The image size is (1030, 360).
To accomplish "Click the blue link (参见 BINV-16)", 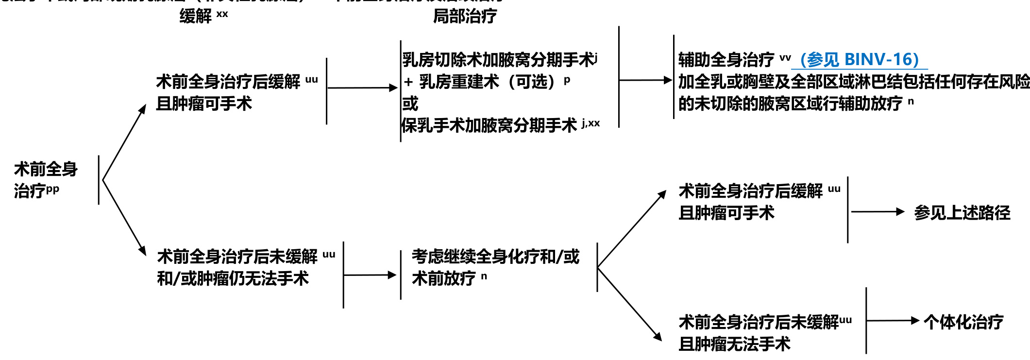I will (859, 60).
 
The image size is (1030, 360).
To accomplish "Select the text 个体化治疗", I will (963, 322).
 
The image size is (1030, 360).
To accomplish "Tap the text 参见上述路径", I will (962, 213).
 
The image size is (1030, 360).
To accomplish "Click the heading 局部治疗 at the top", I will (465, 16).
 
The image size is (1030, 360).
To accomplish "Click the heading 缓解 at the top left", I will (196, 16).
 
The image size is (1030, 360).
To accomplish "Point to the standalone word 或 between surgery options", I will (410, 103).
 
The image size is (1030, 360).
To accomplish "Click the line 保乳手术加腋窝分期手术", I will (489, 125).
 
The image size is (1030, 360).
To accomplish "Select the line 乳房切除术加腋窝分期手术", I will (498, 60).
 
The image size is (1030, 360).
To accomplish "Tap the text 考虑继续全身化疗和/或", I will (495, 257).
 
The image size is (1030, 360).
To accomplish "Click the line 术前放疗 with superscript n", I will (444, 278).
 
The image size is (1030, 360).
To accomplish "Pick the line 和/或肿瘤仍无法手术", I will (233, 278).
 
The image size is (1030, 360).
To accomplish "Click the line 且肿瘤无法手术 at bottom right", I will (734, 344).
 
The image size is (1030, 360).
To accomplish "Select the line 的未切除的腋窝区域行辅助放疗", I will (790, 103).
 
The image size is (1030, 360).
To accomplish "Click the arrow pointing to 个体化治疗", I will (893, 321).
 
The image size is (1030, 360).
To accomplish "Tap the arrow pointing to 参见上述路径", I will (877, 212).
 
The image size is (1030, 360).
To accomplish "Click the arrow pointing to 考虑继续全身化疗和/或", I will (370, 275).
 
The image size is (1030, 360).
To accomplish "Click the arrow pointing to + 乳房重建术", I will (362, 88).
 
